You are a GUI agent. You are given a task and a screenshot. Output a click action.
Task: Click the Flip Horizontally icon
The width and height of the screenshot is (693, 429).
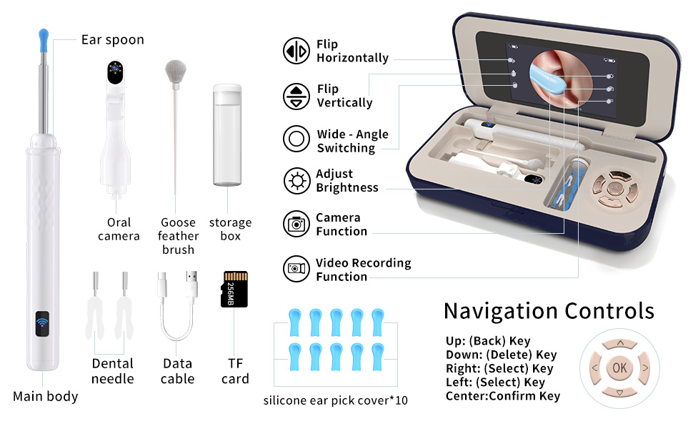296,51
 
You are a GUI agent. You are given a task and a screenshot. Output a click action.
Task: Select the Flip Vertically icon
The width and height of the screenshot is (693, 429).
296,96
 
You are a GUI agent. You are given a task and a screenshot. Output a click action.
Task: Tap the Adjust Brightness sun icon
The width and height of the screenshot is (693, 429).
296,181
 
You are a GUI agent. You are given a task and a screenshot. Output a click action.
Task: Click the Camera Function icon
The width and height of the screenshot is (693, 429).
296,224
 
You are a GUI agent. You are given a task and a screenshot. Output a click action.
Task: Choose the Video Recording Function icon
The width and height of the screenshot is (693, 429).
296,269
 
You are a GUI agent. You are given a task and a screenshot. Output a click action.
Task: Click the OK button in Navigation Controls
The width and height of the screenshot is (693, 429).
619,368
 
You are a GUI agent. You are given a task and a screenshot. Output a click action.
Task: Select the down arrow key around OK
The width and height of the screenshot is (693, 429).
619,393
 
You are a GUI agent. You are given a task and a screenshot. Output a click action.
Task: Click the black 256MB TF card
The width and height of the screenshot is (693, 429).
234,289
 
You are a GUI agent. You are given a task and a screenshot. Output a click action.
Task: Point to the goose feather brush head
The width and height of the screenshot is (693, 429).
174,69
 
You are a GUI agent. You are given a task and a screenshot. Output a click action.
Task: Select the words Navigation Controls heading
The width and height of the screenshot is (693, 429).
549,311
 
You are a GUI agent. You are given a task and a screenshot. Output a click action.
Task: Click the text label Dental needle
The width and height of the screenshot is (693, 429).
113,371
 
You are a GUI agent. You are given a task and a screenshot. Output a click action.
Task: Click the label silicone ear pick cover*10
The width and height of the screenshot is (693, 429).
335,400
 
